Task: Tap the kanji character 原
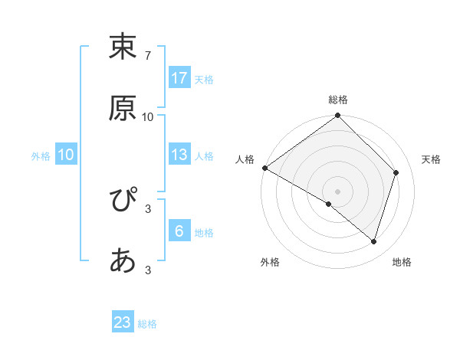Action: [x=123, y=108]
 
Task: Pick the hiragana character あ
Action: [x=123, y=261]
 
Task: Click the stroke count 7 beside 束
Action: [x=148, y=56]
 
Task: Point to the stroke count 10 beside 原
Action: [x=148, y=117]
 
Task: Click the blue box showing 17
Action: [x=179, y=78]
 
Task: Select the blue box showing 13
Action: [x=179, y=155]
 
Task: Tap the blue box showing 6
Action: [x=179, y=231]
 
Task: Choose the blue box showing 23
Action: [x=123, y=322]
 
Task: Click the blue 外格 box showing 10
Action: [x=66, y=155]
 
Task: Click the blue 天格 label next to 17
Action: [x=204, y=79]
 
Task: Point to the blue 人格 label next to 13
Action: [x=204, y=155]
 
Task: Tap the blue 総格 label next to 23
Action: [x=147, y=323]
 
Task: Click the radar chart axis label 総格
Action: [x=338, y=100]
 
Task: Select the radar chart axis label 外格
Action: [x=270, y=263]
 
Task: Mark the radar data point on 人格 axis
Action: [x=264, y=168]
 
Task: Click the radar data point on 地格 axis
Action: [x=374, y=241]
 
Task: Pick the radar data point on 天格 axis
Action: [x=396, y=172]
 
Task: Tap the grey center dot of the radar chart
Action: [x=338, y=191]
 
